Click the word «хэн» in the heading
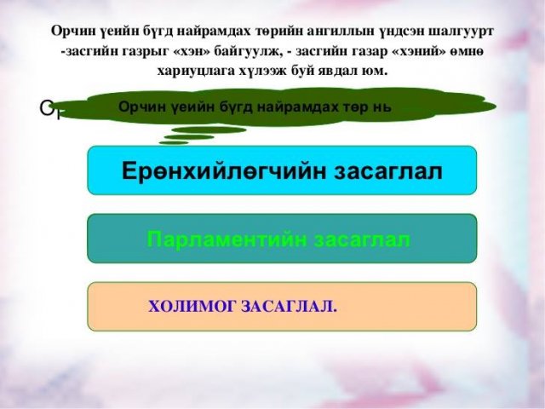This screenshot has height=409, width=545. [189, 51]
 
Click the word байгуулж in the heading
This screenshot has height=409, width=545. [245, 52]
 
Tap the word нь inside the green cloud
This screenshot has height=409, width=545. [381, 107]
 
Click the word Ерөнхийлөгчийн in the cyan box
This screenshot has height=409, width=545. [225, 171]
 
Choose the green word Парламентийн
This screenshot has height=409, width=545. [227, 239]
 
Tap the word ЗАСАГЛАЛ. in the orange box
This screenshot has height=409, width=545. [289, 307]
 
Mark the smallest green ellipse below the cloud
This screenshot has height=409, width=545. [174, 142]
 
